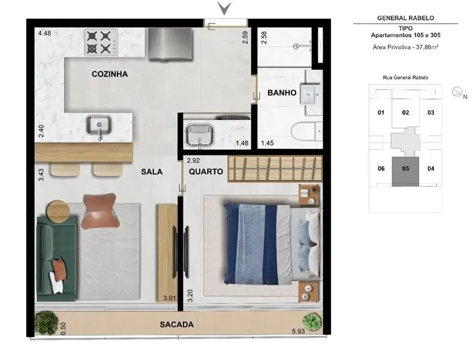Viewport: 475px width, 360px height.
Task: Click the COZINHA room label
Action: click(109, 74)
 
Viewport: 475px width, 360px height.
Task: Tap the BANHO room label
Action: click(282, 92)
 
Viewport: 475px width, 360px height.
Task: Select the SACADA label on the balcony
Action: click(176, 325)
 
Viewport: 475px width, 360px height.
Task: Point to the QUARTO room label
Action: click(206, 172)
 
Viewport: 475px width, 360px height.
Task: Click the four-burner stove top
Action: click(101, 43)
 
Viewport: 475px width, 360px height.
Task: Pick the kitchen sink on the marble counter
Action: click(99, 127)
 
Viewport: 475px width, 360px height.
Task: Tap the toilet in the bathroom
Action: click(306, 131)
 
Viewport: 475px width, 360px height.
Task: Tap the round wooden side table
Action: click(58, 211)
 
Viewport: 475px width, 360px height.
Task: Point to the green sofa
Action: click(56, 259)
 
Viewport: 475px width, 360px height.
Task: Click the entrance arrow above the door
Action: click(224, 8)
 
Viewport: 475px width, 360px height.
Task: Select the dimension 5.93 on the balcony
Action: click(299, 331)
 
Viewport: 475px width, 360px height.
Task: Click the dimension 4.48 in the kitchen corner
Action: click(44, 34)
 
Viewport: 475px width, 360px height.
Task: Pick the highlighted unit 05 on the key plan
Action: click(405, 172)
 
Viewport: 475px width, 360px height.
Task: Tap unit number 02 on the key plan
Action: click(405, 113)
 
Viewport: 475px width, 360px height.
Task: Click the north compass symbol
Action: click(457, 92)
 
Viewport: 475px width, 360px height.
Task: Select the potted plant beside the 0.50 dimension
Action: click(47, 323)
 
